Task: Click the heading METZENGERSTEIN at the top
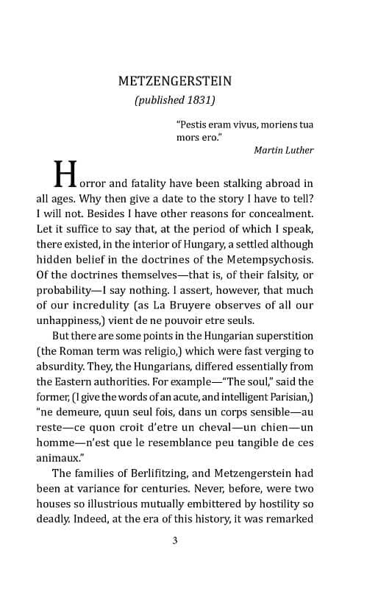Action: click(190, 80)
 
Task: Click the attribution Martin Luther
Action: click(283, 150)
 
